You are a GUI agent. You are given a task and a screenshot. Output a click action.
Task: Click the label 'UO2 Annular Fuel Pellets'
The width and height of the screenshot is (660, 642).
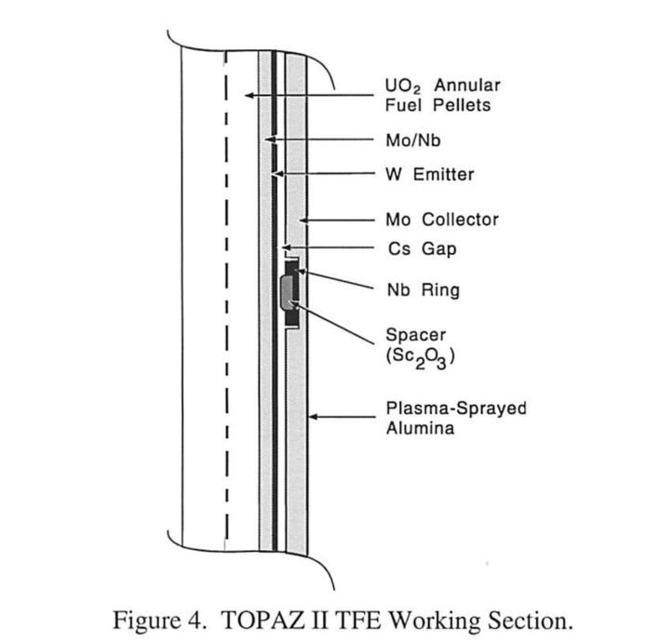436,96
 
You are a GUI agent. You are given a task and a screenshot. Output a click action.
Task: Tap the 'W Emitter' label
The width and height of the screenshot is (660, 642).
430,174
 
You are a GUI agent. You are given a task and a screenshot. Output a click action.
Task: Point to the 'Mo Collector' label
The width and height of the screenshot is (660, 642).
441,221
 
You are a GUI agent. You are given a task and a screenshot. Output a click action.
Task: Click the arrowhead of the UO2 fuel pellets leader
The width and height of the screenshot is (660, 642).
248,96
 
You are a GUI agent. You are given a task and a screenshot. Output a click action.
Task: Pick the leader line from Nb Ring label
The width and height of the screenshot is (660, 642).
344,281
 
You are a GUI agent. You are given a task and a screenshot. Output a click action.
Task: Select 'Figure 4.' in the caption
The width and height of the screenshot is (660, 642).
170,619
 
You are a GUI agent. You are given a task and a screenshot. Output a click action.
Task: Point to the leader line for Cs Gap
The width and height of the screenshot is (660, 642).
326,249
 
